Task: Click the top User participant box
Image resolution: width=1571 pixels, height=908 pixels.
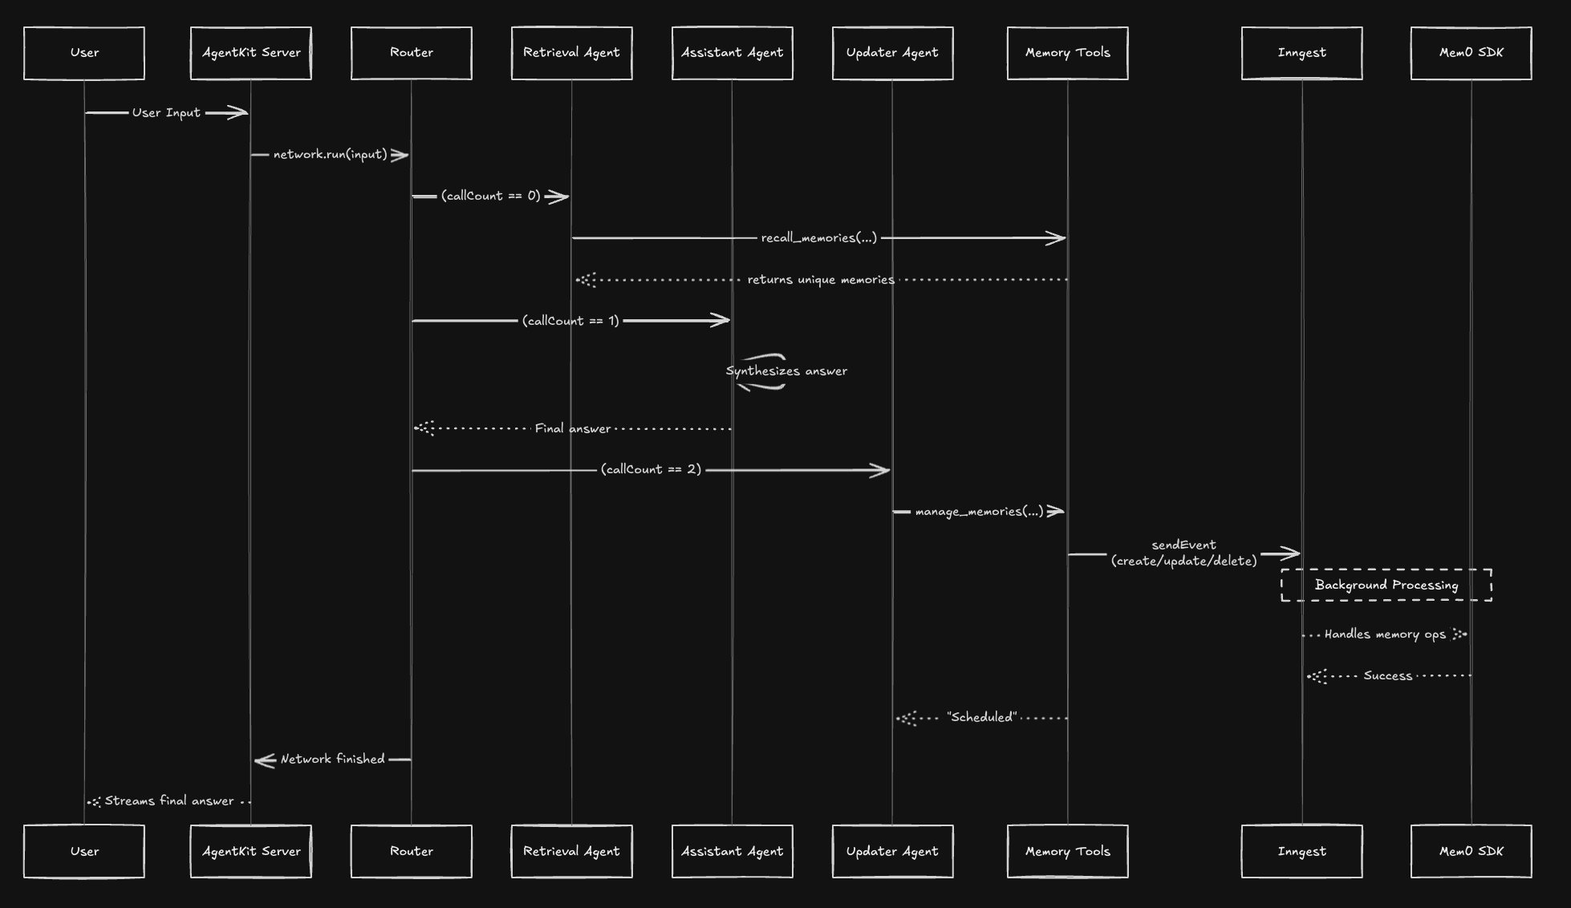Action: click(84, 53)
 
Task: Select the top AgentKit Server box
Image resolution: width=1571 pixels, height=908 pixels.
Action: click(251, 53)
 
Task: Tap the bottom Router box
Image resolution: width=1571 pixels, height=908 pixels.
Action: click(412, 851)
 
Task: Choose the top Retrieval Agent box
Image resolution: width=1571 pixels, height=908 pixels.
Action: click(571, 53)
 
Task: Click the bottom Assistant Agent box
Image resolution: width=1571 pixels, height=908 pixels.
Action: click(732, 851)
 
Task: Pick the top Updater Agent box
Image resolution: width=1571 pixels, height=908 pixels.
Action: click(892, 53)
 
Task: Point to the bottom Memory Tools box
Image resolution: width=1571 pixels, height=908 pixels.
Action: click(1068, 851)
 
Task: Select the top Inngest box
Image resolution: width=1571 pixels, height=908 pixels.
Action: click(1301, 53)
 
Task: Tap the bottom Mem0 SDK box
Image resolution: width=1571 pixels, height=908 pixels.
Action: click(1472, 851)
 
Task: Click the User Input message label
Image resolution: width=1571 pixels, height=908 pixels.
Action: click(166, 113)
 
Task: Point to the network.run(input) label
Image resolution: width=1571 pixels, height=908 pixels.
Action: click(330, 155)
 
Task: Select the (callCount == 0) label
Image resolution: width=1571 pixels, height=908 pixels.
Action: click(490, 197)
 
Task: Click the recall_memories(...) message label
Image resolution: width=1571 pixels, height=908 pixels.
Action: click(819, 238)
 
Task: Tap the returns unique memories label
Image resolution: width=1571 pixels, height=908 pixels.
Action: click(821, 280)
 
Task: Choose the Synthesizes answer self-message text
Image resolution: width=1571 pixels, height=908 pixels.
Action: click(786, 371)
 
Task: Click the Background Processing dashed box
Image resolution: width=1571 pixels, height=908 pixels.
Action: click(1386, 586)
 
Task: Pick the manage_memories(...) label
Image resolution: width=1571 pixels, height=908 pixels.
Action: click(979, 512)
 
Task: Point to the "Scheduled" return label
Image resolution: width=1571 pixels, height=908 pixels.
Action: click(981, 718)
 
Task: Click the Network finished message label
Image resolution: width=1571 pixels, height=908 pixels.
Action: click(332, 760)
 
